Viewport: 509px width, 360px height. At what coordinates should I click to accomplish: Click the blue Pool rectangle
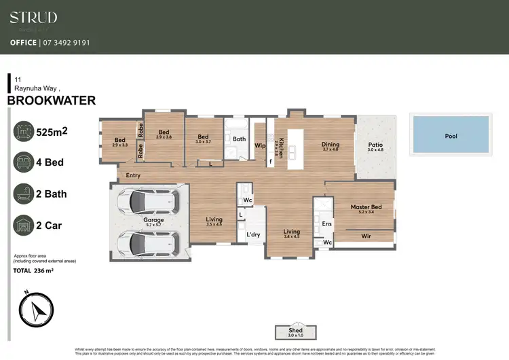point(450,135)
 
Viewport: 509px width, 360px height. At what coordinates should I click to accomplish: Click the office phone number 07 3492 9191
point(66,42)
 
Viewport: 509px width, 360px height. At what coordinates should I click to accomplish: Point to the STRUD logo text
point(33,18)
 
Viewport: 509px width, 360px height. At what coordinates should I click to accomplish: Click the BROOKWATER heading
point(51,101)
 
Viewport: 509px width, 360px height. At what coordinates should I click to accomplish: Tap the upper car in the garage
point(147,201)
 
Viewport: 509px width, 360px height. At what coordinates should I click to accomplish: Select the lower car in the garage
point(147,241)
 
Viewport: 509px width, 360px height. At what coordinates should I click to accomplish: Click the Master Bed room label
point(366,207)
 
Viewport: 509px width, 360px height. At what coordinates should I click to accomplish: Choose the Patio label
point(375,145)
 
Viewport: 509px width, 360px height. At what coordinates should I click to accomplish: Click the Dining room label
point(331,144)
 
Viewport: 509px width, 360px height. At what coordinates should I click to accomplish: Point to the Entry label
point(134,175)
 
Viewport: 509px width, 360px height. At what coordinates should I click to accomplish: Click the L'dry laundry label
point(253,234)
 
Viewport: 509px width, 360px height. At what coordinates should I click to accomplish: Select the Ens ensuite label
point(326,223)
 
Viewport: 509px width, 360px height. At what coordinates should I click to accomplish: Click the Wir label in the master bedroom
point(366,236)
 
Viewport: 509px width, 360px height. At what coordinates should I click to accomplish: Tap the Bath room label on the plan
point(239,139)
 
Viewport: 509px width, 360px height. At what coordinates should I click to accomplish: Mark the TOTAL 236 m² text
point(33,270)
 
